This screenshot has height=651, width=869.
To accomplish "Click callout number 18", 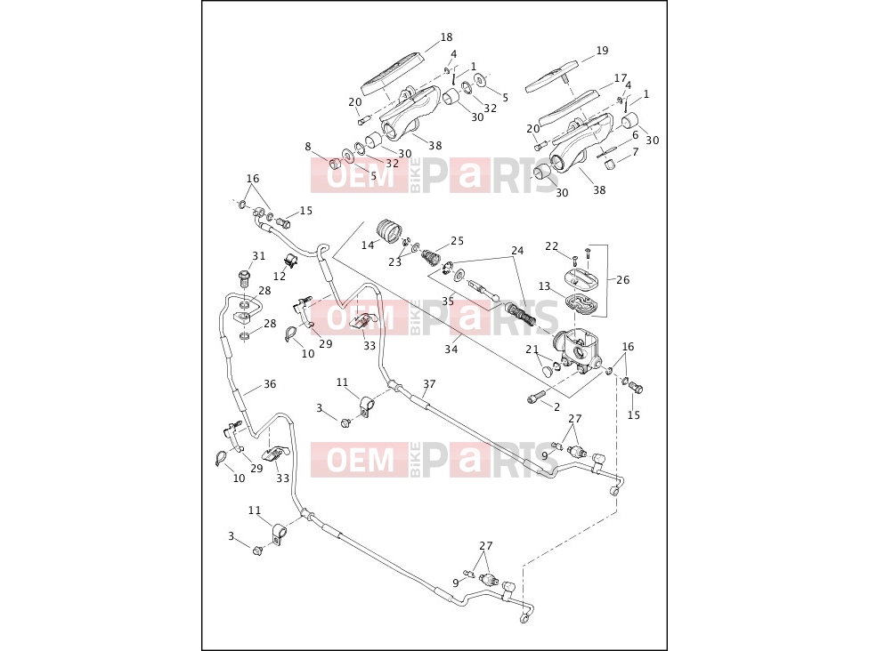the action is click(x=446, y=37).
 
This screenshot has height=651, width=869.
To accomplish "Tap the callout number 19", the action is click(x=602, y=51).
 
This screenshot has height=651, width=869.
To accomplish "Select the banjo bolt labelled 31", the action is click(x=244, y=277).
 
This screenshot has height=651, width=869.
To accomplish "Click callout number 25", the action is click(x=458, y=241).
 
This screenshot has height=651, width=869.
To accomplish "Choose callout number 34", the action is click(x=451, y=350).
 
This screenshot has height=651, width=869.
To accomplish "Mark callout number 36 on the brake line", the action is click(x=270, y=383).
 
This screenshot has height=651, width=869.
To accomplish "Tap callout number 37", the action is click(x=429, y=383).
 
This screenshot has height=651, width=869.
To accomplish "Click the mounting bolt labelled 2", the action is click(x=536, y=398).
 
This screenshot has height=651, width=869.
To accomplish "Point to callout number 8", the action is click(x=308, y=147).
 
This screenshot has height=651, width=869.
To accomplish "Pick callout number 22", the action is click(x=551, y=246).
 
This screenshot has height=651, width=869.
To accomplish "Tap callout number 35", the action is click(x=448, y=301).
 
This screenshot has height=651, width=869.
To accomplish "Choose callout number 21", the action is click(x=532, y=350).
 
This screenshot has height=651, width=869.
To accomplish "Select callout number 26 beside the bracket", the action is click(x=623, y=279).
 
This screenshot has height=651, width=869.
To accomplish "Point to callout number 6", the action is click(x=635, y=134).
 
